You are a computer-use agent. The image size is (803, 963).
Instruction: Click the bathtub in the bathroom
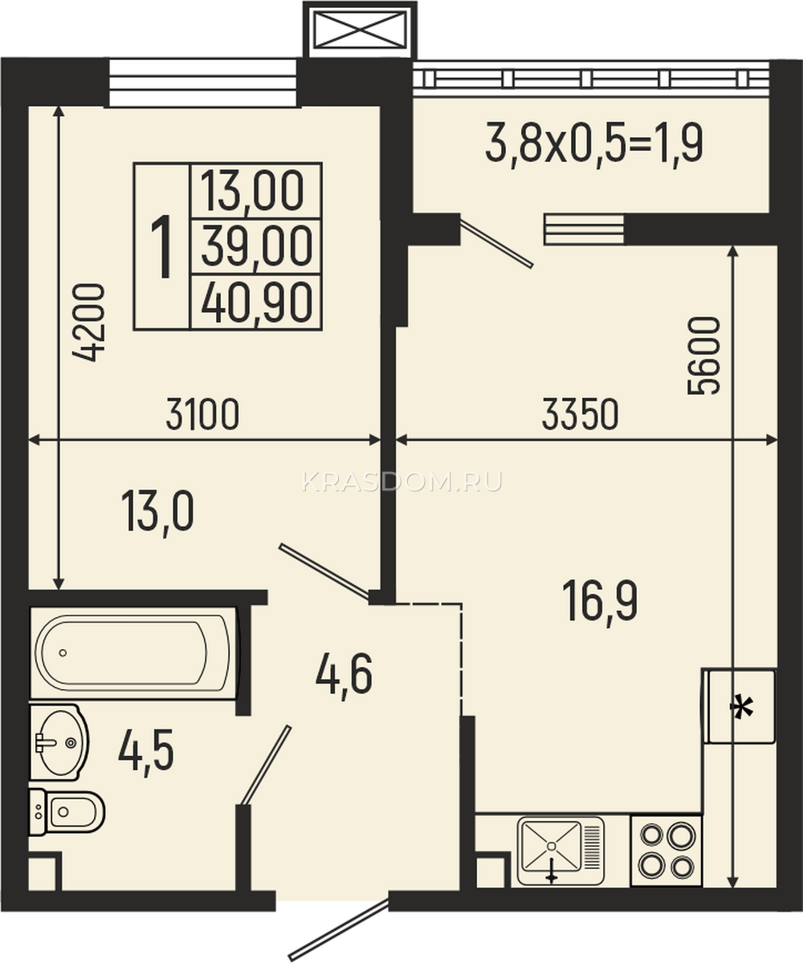[133, 652]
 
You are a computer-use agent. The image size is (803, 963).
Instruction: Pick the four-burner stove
[666, 851]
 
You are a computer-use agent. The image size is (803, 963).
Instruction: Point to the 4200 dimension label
[88, 323]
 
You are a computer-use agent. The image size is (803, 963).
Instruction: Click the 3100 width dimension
[202, 415]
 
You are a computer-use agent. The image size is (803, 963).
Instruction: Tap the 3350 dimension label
[580, 415]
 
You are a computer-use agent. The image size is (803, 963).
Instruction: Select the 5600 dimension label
[703, 356]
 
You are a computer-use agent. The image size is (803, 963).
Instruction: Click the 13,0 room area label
[157, 513]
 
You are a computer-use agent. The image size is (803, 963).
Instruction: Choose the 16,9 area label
[600, 603]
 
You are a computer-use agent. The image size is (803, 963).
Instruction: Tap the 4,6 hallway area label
[344, 677]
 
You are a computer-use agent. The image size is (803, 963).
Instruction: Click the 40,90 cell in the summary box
[257, 303]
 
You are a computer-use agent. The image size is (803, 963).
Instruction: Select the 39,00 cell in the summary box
[257, 247]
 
